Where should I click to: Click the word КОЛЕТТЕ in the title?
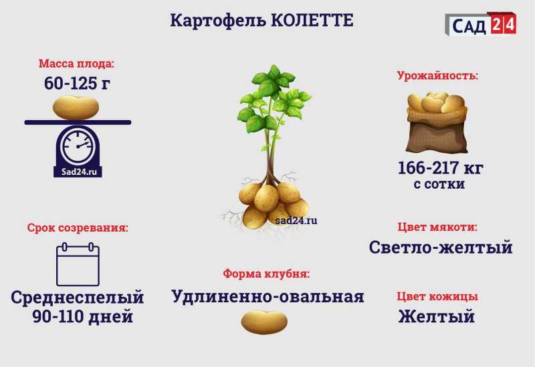(312, 21)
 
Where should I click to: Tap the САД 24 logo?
(481, 24)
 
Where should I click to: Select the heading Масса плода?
(76, 63)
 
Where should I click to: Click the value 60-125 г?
(77, 83)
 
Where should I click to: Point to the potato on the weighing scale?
(76, 107)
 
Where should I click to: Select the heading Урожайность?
(438, 75)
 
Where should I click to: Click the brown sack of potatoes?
(437, 123)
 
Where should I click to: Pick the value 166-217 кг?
(441, 168)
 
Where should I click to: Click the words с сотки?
(439, 184)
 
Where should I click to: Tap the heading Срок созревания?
(78, 228)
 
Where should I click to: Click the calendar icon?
(78, 264)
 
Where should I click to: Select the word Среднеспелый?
(77, 297)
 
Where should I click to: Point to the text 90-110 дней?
(82, 316)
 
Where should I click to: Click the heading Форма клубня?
(266, 274)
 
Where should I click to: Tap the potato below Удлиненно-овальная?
(264, 322)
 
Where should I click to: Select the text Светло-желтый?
(441, 247)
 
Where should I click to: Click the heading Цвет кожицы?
(437, 296)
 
